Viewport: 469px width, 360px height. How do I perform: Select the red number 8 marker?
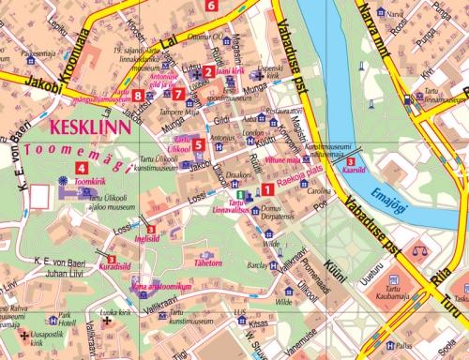point(138,95)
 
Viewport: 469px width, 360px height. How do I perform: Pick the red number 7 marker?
point(179,94)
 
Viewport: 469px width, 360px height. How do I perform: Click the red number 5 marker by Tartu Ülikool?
point(198,144)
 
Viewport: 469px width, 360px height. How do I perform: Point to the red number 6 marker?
point(211,6)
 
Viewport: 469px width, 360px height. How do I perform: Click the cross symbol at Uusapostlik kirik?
point(24,335)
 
